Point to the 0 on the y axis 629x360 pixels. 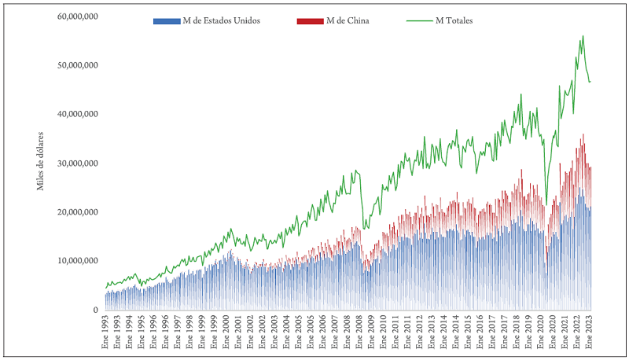[x=94, y=310]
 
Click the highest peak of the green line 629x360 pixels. [x=583, y=35]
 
